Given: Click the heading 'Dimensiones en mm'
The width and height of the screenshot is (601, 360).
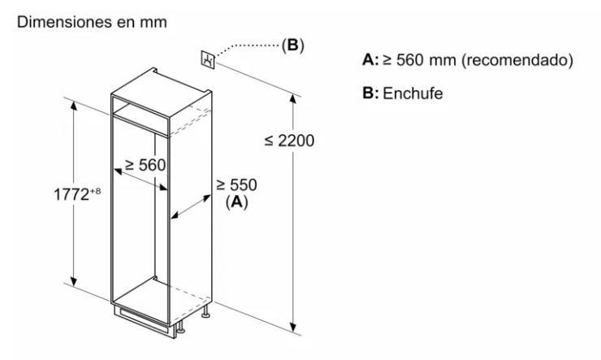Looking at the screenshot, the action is [x=92, y=22].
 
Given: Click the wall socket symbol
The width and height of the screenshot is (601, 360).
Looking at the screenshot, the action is [x=208, y=59].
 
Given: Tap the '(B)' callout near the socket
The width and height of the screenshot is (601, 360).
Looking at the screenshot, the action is [x=292, y=46].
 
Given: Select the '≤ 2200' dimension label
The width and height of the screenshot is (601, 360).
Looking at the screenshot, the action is [x=289, y=141].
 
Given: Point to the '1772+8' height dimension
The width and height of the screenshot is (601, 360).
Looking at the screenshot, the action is [x=77, y=193].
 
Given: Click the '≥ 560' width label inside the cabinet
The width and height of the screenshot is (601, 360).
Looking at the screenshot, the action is [x=145, y=165].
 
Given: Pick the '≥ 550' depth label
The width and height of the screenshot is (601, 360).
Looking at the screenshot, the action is [x=236, y=184].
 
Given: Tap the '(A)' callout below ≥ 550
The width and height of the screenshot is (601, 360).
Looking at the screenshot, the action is [x=236, y=202].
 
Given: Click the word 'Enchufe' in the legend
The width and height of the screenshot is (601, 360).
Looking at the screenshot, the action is [x=413, y=93].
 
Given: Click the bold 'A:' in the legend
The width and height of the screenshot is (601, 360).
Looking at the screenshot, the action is [x=370, y=60].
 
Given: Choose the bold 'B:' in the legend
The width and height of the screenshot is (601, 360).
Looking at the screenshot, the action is [x=370, y=93].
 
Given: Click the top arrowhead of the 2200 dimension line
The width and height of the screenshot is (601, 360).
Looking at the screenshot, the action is [x=293, y=98].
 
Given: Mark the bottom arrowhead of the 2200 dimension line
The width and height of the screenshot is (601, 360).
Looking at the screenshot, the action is [x=293, y=327].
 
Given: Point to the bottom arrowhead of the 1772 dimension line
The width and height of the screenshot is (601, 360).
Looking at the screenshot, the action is [x=74, y=281].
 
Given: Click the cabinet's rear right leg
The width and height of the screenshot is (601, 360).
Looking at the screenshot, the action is [x=206, y=311].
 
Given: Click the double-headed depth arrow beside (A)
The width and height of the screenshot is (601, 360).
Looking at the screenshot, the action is [x=191, y=207].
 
